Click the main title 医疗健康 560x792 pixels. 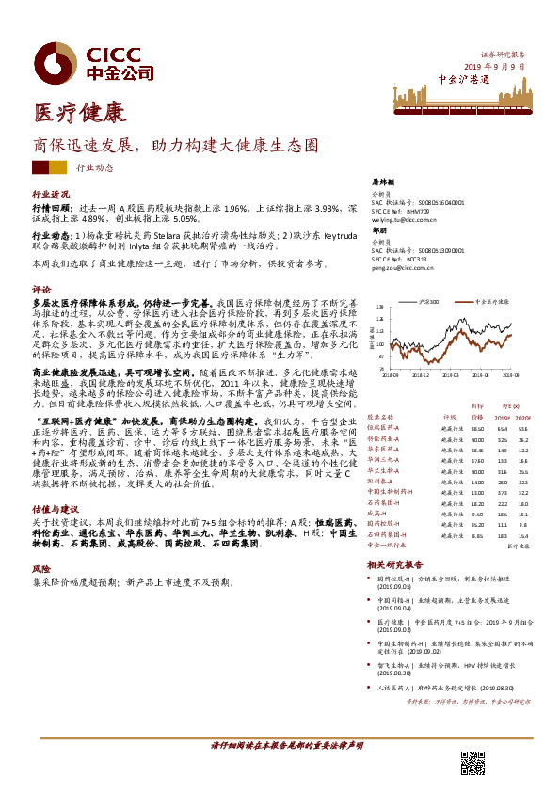(x=79, y=114)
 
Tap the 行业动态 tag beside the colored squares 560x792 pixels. (x=94, y=167)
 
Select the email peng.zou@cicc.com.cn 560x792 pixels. (x=399, y=268)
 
